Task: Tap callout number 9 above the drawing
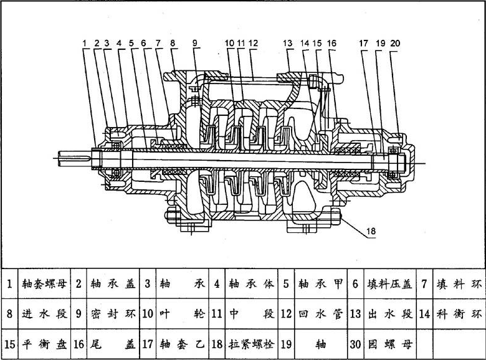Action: (x=195, y=44)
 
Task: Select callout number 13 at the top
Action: (x=287, y=44)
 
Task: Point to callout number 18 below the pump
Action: (x=371, y=232)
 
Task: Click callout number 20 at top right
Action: (x=395, y=44)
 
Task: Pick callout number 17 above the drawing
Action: (x=364, y=44)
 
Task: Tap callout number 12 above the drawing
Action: (x=253, y=44)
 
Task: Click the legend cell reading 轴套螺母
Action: (x=43, y=284)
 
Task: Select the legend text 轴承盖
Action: (x=113, y=284)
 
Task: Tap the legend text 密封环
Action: (x=113, y=314)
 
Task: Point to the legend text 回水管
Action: (x=320, y=314)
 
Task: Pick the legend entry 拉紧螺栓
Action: (x=251, y=344)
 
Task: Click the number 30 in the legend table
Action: (x=355, y=344)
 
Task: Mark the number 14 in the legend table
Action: (x=424, y=314)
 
